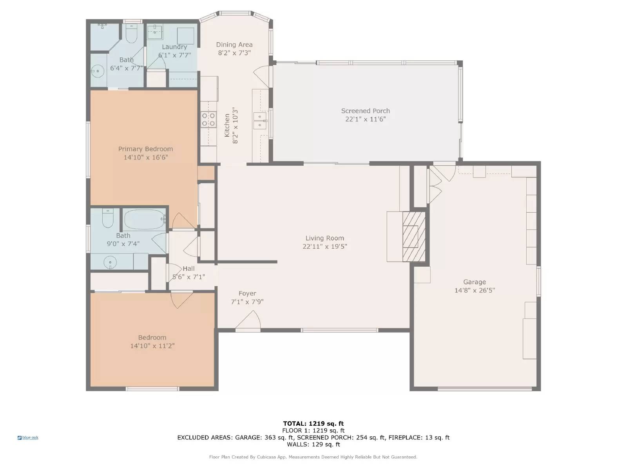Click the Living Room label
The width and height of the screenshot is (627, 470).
pyautogui.click(x=324, y=238)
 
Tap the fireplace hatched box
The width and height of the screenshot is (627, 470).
pyautogui.click(x=414, y=237)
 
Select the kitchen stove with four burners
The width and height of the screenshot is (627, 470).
pyautogui.click(x=208, y=119)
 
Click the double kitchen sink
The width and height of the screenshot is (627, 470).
pyautogui.click(x=260, y=120)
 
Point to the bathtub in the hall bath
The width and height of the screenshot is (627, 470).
pyautogui.click(x=144, y=219)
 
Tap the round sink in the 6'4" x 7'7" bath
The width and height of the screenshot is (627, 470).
pyautogui.click(x=96, y=71)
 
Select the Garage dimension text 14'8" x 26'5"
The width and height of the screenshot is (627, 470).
pyautogui.click(x=475, y=290)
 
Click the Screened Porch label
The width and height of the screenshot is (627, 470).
pyautogui.click(x=365, y=111)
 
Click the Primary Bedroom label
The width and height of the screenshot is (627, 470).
pyautogui.click(x=145, y=149)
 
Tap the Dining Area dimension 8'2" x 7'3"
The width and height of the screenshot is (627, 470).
pyautogui.click(x=234, y=53)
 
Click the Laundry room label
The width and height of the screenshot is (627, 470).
pyautogui.click(x=174, y=47)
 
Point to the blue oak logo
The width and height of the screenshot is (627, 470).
pyautogui.click(x=28, y=437)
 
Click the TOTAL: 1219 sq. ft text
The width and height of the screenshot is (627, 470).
pyautogui.click(x=313, y=423)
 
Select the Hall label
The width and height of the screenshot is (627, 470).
pyautogui.click(x=188, y=269)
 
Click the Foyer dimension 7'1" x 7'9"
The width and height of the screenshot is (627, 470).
pyautogui.click(x=247, y=302)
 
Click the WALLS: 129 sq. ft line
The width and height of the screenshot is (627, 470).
pyautogui.click(x=313, y=444)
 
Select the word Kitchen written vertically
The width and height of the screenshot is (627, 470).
pyautogui.click(x=227, y=125)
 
